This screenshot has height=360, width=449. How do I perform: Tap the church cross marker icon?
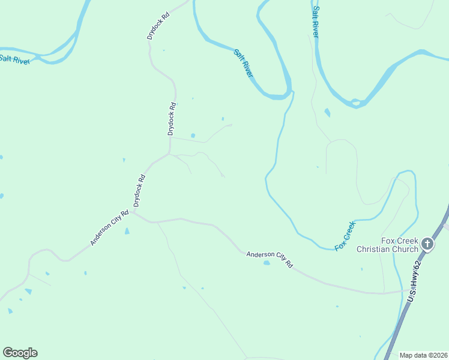tap(427, 244)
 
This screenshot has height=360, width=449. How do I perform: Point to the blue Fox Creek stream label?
tap(345, 235)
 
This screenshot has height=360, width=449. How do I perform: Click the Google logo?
tap(20, 353)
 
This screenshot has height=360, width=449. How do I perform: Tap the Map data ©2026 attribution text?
tap(423, 355)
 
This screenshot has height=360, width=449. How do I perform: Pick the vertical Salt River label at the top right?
tap(315, 23)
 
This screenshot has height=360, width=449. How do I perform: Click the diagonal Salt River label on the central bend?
tap(243, 62)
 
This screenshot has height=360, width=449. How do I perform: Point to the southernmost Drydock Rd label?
tap(139, 191)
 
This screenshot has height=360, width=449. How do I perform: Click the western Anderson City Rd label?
tap(109, 228)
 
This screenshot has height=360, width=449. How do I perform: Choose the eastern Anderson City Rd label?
tap(270, 260)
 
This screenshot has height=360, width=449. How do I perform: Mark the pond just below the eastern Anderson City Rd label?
tap(267, 262)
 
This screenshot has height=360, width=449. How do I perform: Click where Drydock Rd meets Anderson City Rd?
tap(134, 213)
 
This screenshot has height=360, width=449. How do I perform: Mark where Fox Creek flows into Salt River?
tap(293, 92)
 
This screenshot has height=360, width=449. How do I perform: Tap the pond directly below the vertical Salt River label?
tap(327, 112)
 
